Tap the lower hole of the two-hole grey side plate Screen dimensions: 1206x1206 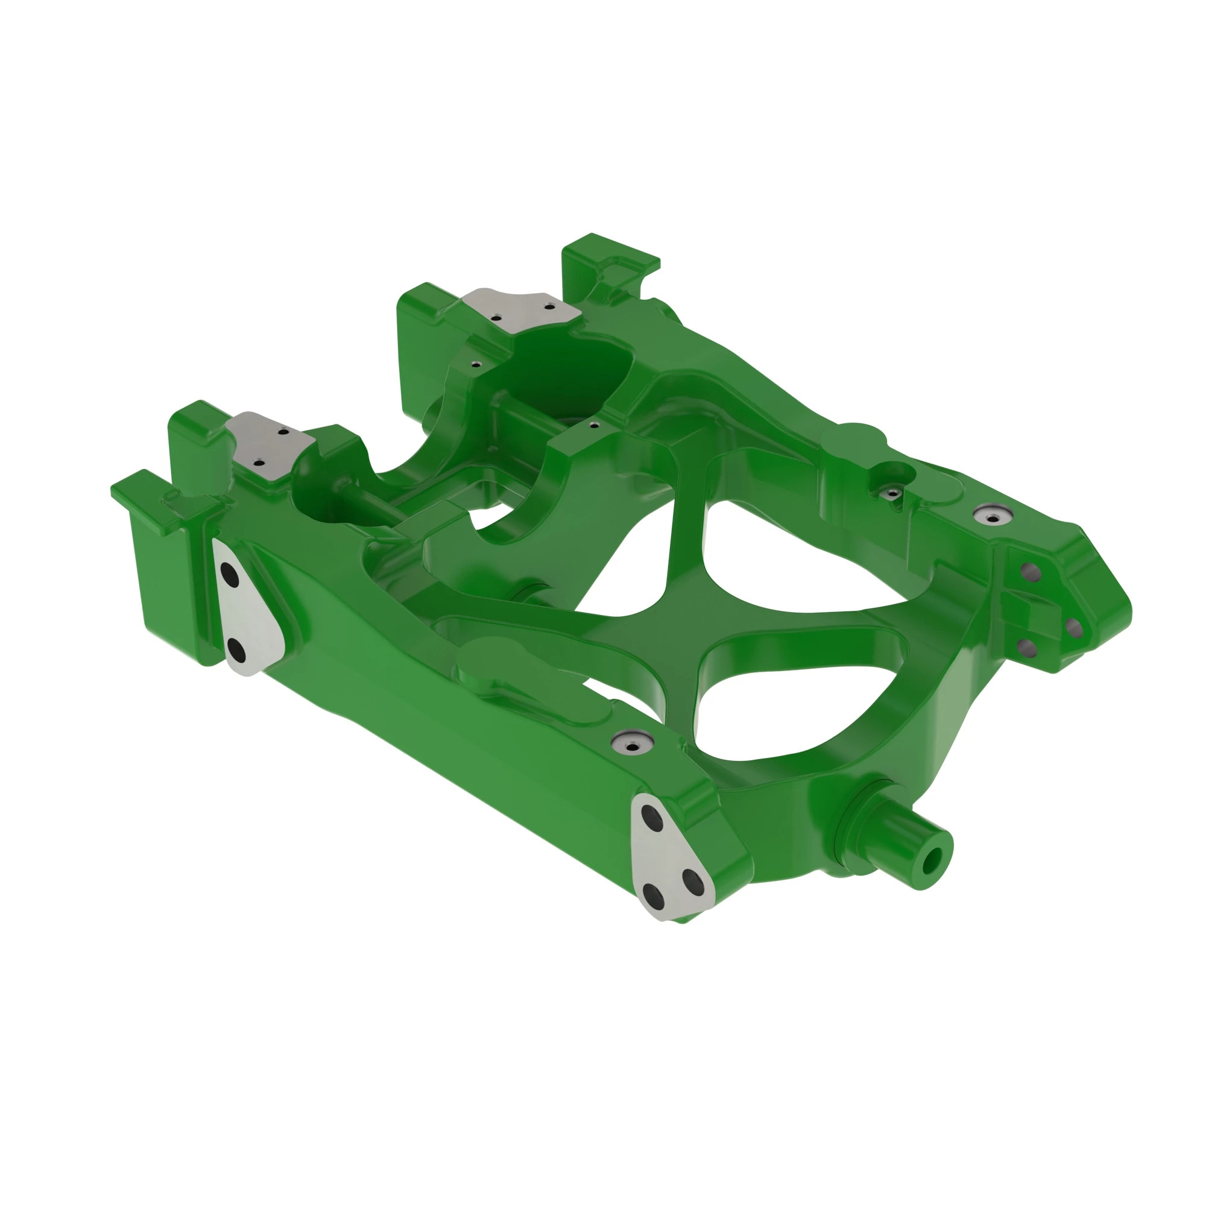(237, 651)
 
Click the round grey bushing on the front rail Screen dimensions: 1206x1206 (633, 743)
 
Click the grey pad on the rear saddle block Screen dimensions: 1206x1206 (521, 310)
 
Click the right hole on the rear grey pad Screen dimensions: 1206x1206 (549, 306)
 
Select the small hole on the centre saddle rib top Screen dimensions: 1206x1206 (593, 426)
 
